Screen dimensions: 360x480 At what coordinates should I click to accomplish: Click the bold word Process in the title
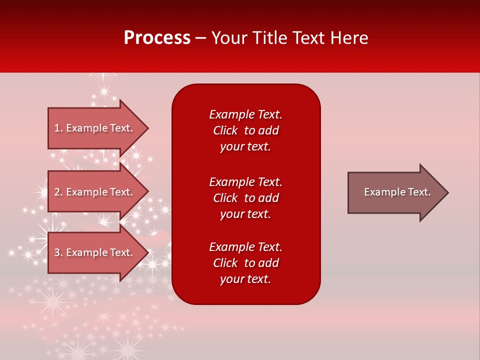pos(157,38)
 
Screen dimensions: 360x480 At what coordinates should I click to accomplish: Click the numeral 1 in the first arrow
pos(57,128)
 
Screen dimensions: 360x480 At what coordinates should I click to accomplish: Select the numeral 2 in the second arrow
pos(57,192)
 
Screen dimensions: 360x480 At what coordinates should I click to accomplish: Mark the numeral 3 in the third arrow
pos(57,252)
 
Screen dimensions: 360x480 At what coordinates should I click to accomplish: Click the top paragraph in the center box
pos(245,130)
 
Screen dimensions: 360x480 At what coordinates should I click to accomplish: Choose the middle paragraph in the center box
pos(245,198)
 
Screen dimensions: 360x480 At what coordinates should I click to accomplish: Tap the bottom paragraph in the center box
pos(245,263)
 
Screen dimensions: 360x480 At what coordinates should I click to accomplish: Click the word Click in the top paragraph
pos(225,130)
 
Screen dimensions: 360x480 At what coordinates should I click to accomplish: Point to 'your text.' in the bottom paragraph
pos(245,279)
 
